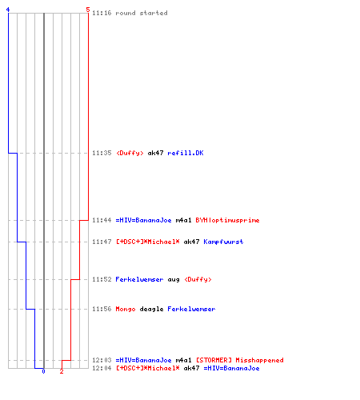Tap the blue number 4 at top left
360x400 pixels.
(x=8, y=10)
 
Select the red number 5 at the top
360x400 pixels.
(x=88, y=10)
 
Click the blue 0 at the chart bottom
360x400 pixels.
(x=43, y=371)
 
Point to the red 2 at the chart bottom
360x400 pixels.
(x=62, y=371)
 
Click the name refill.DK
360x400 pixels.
(x=186, y=153)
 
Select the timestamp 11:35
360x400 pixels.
(x=102, y=153)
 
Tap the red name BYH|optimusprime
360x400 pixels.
(x=227, y=220)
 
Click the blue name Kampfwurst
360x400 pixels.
(x=223, y=242)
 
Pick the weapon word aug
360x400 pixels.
(x=174, y=279)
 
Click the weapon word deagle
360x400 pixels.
(x=151, y=309)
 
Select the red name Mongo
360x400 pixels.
(x=126, y=309)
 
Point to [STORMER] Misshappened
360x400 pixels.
(x=240, y=360)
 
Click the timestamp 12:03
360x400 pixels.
(x=102, y=360)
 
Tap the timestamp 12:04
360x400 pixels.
(x=102, y=368)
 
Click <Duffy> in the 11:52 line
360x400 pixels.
(x=198, y=279)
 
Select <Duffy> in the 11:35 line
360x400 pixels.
(x=130, y=153)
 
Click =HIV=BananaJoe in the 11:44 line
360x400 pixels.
(x=143, y=220)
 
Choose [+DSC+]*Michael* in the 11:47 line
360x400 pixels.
(x=148, y=242)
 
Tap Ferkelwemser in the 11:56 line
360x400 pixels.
(x=191, y=309)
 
